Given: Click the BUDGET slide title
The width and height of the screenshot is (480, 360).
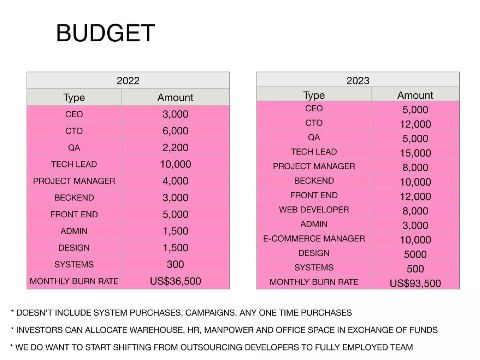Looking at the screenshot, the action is tap(106, 33).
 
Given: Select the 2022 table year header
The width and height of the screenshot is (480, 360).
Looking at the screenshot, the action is tap(128, 81).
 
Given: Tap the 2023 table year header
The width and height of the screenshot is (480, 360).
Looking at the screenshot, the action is tap(358, 81).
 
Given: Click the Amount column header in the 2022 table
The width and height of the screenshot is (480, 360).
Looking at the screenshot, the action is tap(175, 97).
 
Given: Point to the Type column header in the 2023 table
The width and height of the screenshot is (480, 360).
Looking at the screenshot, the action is tap(314, 95).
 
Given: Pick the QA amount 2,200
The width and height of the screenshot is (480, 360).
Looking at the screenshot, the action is tap(175, 148).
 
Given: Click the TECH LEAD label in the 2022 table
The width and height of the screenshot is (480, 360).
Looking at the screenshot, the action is tap(74, 164).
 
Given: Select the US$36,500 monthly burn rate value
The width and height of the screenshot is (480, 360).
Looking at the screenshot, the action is tap(175, 281).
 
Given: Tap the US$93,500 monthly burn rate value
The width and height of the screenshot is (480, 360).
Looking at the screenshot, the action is tap(415, 283).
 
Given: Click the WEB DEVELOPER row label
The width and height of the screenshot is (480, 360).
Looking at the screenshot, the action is tap(314, 210).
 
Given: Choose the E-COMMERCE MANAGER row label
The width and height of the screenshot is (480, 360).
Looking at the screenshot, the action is tap(314, 238).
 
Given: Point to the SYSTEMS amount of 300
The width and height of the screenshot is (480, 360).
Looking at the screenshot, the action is tap(175, 264).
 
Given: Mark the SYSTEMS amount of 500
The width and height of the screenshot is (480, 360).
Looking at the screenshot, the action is tap(415, 269).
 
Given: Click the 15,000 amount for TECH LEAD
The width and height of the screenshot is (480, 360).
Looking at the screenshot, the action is tap(415, 153).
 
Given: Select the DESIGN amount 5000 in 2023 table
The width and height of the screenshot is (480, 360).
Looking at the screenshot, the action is tap(415, 254).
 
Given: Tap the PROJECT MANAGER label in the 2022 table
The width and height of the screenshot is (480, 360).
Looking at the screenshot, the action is tap(74, 181).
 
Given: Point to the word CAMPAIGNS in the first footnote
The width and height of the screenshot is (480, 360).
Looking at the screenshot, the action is tap(211, 312).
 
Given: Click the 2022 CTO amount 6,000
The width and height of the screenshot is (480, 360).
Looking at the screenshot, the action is tap(175, 131).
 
